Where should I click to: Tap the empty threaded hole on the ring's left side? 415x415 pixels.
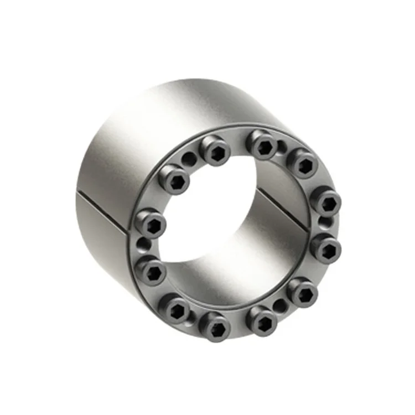pyautogui.click(x=144, y=243)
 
